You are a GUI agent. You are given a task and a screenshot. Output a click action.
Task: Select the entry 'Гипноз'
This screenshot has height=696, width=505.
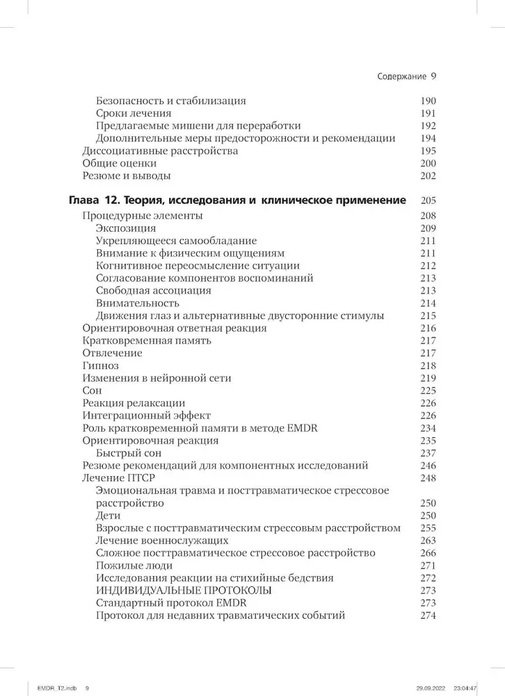point(100,365)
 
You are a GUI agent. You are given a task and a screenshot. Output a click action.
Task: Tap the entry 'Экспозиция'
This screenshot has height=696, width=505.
point(126,228)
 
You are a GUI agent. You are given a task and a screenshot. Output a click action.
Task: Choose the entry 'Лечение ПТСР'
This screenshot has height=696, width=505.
point(119,477)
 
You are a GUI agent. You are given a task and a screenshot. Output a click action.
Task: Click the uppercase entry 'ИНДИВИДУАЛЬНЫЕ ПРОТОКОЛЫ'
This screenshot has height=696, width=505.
point(175,590)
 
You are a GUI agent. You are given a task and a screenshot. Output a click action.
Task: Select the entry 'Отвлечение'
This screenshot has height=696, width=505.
point(112,353)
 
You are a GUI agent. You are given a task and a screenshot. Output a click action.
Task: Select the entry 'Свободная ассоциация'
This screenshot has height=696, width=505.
point(154,290)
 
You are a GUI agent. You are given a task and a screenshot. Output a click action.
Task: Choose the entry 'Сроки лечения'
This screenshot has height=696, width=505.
point(134,113)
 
